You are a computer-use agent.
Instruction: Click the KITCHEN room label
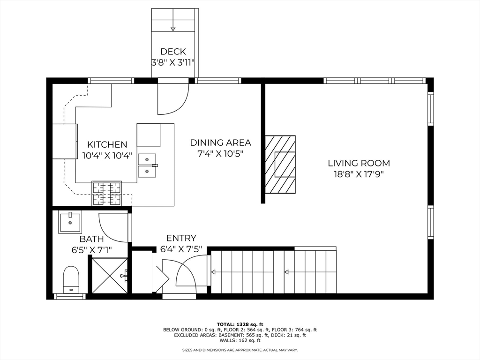click(x=107, y=144)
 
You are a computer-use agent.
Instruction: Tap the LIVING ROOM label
click(x=359, y=163)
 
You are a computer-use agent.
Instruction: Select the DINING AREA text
click(x=220, y=142)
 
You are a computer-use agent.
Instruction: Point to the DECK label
click(x=173, y=52)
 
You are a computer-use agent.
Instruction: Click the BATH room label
click(x=91, y=239)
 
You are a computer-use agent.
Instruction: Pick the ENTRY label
click(x=181, y=238)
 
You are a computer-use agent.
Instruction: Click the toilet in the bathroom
click(x=71, y=279)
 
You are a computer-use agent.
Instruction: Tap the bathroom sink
click(x=70, y=222)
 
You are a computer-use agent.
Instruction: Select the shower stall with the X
click(x=109, y=276)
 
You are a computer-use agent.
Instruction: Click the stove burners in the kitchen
click(x=106, y=193)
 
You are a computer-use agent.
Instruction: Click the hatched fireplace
click(x=280, y=165)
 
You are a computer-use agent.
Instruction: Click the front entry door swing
click(x=190, y=272)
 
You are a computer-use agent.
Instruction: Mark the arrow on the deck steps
click(x=173, y=29)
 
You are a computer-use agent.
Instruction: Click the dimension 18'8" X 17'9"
click(x=359, y=174)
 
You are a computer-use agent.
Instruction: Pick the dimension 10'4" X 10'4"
click(x=107, y=155)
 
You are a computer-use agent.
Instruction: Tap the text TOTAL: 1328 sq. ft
click(x=240, y=324)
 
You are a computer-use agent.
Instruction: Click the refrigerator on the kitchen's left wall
click(x=65, y=141)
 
